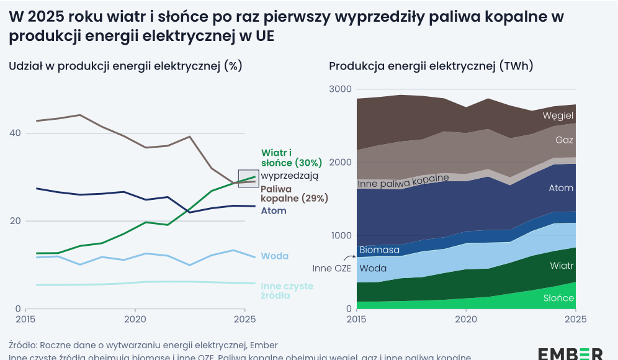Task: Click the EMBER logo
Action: tap(570, 353)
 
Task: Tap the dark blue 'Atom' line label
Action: tap(274, 211)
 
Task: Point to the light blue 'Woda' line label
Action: tap(274, 256)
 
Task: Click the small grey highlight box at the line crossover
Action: tap(248, 178)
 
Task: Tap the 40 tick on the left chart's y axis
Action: tap(15, 133)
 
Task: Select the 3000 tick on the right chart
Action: tap(340, 89)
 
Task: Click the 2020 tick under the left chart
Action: tap(135, 319)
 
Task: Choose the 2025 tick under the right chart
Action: tap(575, 319)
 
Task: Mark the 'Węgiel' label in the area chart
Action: tap(558, 115)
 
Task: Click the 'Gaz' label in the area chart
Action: tap(564, 140)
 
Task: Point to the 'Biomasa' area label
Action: tap(379, 250)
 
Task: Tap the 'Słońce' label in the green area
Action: tap(558, 298)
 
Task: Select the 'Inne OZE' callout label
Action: tap(332, 268)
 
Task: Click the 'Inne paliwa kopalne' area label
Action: tap(403, 181)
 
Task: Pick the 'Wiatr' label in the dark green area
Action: tap(562, 266)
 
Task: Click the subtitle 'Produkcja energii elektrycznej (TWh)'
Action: tap(431, 66)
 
